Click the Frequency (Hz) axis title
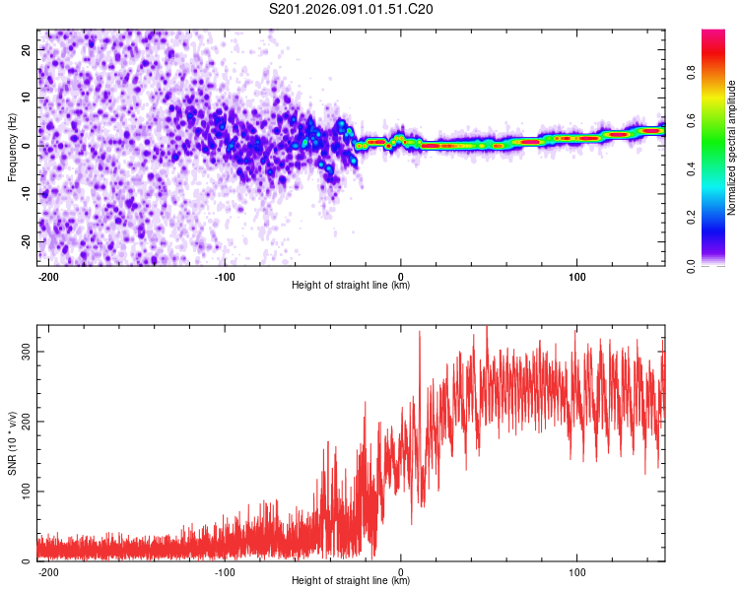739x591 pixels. tap(12, 147)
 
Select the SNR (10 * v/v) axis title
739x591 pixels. tap(12, 442)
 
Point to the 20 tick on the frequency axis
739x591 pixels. tap(27, 48)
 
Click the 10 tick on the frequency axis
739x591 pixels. tap(27, 97)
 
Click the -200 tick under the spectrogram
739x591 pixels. tap(48, 276)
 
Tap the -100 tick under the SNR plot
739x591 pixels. tap(225, 571)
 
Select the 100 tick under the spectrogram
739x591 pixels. tap(576, 276)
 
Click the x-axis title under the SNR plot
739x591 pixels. tap(351, 581)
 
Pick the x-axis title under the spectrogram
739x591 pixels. tap(351, 286)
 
